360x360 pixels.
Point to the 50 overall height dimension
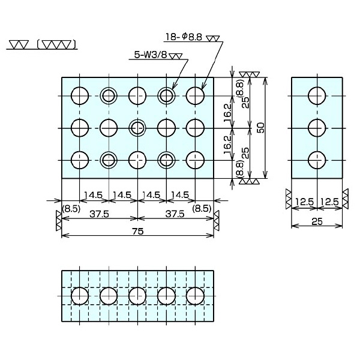point(259,128)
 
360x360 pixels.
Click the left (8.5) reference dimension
point(70,209)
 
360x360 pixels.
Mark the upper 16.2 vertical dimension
point(227,111)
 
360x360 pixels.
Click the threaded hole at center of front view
point(137,127)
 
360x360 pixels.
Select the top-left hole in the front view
point(79,95)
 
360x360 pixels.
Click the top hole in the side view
point(317,95)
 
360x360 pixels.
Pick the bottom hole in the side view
point(317,160)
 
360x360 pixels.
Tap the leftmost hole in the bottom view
point(79,296)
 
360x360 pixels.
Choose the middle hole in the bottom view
point(137,296)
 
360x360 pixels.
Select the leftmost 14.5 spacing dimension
point(94,195)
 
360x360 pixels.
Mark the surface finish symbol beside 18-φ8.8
point(213,39)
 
